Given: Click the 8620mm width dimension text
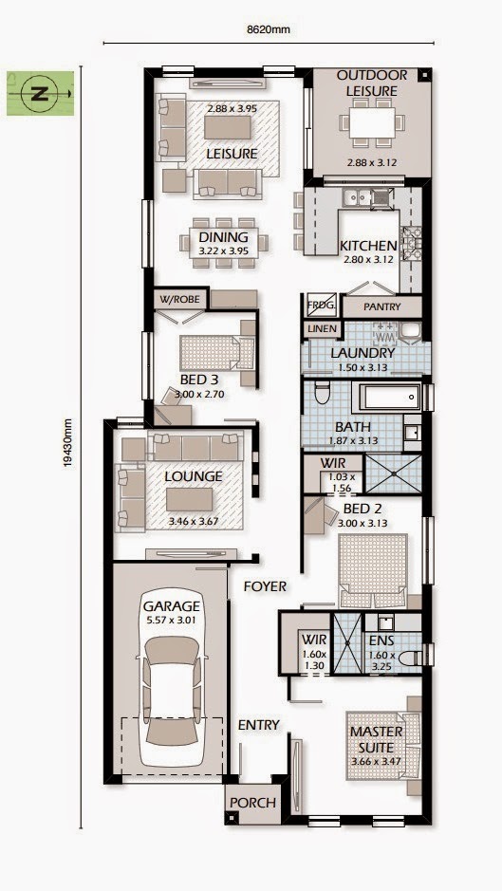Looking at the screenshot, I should [x=267, y=29].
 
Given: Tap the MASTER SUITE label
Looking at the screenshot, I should [x=376, y=738].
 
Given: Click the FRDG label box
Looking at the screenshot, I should [x=319, y=307].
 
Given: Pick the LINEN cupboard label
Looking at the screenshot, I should [x=321, y=328].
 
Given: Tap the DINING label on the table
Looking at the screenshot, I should [x=223, y=237].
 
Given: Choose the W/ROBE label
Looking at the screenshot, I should [x=181, y=300].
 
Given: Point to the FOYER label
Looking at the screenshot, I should [x=264, y=586].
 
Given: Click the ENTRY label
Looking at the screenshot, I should [x=258, y=725].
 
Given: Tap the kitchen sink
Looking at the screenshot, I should [x=358, y=197].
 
